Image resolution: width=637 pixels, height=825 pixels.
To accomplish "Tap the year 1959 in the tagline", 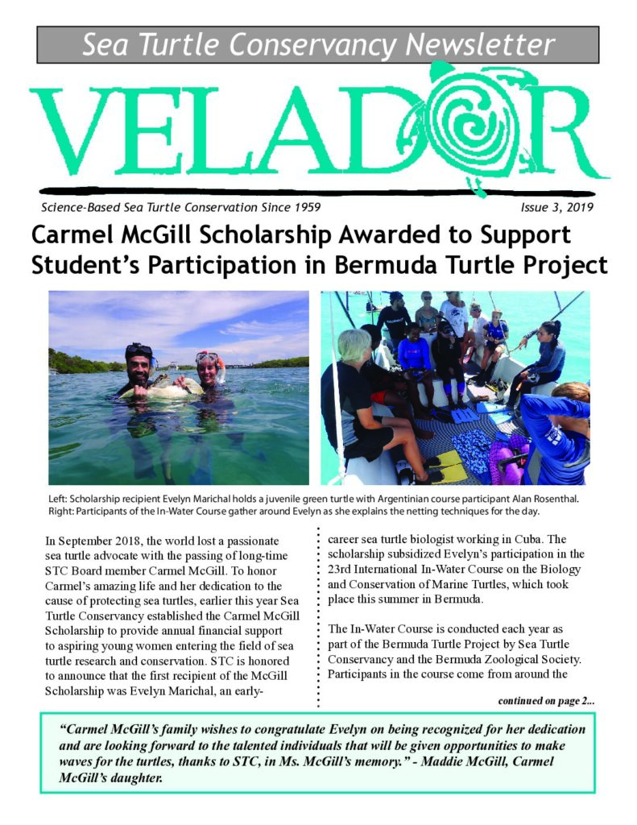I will pyautogui.click(x=302, y=208).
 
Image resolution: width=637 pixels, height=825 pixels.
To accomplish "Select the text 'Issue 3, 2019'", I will pyautogui.click(x=556, y=208).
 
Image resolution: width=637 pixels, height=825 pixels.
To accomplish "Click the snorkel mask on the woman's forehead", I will pyautogui.click(x=209, y=357).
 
